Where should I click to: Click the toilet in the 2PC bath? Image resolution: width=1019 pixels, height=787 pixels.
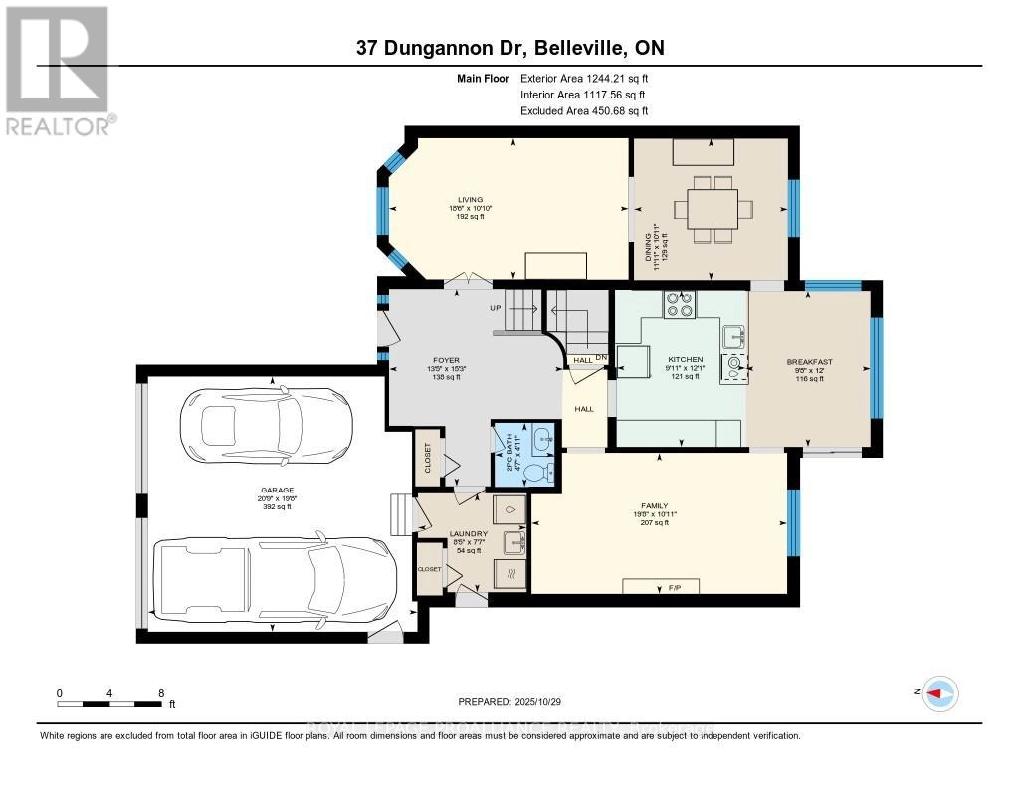point(537,472)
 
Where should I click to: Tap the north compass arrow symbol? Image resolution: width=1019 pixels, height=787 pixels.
point(938,693)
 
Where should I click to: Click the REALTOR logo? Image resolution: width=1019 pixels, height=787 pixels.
point(57,70)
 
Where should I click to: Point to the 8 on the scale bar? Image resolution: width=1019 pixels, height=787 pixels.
point(161,693)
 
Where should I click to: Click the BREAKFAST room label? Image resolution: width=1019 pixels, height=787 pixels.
point(808,362)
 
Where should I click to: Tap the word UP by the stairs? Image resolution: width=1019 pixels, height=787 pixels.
point(495,308)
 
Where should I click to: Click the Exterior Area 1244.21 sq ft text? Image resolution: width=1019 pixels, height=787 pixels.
point(584,78)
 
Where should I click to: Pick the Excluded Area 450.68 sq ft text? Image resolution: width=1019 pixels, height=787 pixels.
point(584,111)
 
